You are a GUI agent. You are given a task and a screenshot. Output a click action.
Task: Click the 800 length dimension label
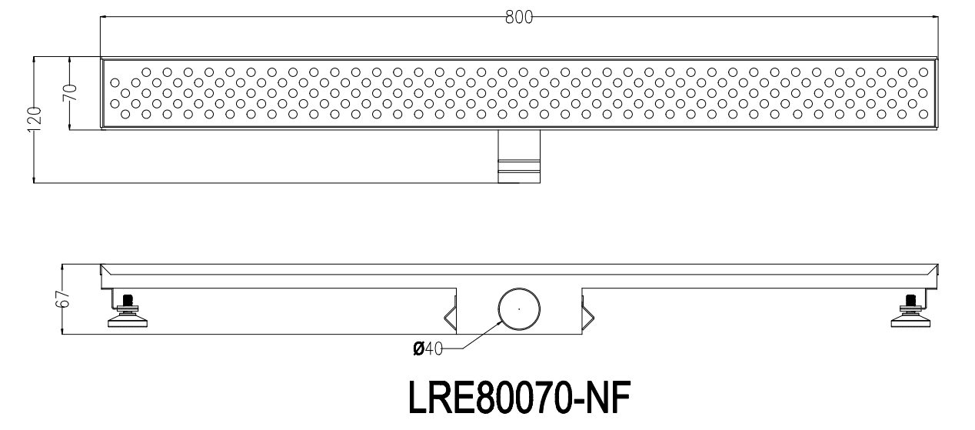coord(519,18)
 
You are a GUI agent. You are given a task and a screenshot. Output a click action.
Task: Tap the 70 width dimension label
coord(71,93)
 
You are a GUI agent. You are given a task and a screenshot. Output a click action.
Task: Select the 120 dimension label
coord(35,119)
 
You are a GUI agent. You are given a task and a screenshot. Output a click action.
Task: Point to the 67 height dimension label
coord(63,299)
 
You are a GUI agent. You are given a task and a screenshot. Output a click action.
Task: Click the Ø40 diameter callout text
coord(428,348)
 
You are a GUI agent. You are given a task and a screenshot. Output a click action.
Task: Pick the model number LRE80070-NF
coord(519,398)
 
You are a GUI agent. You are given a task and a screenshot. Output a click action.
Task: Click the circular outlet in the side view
coord(519,309)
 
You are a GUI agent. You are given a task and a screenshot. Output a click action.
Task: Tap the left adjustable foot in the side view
coord(127,311)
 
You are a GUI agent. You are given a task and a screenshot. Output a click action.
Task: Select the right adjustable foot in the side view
coord(910,311)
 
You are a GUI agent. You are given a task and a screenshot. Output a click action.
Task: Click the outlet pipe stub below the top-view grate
coord(519,156)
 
